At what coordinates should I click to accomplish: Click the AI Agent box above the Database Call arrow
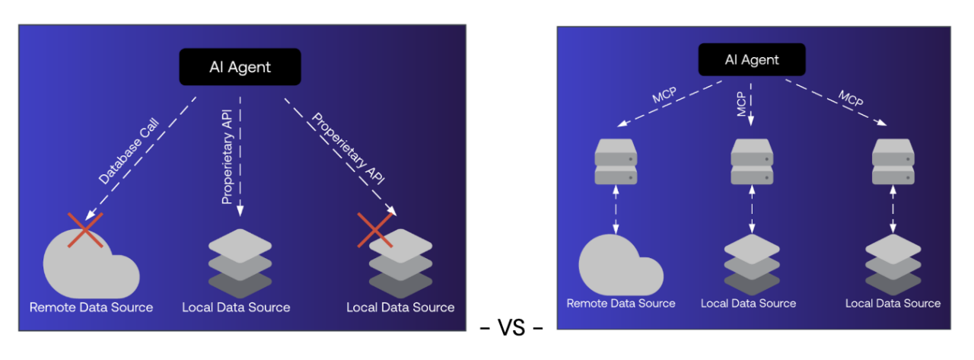(x=240, y=67)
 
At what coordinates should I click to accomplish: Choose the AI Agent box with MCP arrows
(x=752, y=59)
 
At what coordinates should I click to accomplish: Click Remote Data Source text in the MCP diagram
(x=621, y=303)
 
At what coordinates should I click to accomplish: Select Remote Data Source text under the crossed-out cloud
(x=91, y=307)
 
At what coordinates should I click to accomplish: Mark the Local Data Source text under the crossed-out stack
(x=400, y=307)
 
